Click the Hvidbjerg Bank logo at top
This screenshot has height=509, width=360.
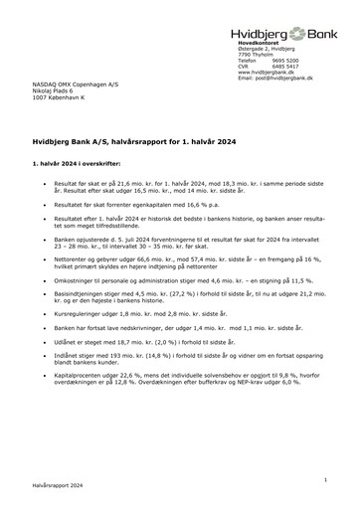pos(279,32)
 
